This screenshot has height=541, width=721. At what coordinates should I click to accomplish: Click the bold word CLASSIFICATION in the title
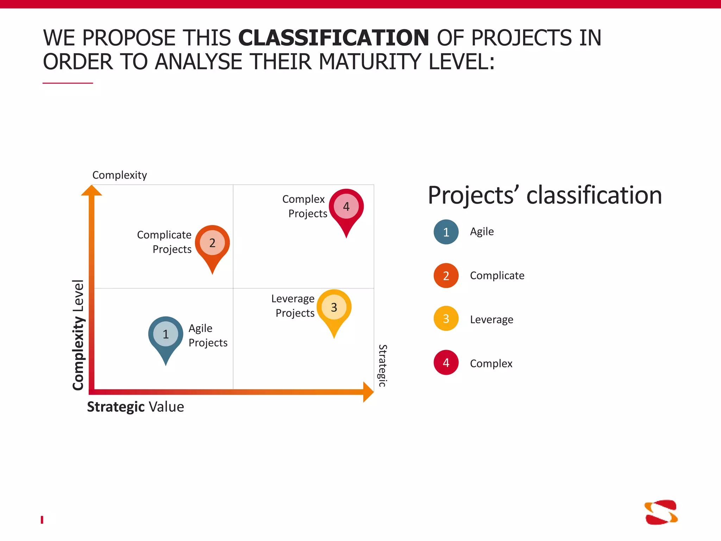pyautogui.click(x=333, y=38)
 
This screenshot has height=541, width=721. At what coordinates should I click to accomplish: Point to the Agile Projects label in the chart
pyautogui.click(x=208, y=335)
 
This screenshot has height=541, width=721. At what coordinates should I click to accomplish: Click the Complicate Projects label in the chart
pyautogui.click(x=164, y=242)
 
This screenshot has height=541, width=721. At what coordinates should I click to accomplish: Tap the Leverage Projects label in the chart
pyautogui.click(x=293, y=306)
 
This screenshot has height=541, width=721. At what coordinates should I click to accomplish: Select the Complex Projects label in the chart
pyautogui.click(x=305, y=206)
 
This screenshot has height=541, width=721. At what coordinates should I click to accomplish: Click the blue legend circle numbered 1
pyautogui.click(x=446, y=232)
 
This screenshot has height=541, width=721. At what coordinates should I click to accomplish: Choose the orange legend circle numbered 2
pyautogui.click(x=446, y=275)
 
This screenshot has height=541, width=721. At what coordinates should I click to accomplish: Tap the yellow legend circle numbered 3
pyautogui.click(x=446, y=319)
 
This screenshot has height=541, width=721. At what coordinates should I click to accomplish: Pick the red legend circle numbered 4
pyautogui.click(x=446, y=362)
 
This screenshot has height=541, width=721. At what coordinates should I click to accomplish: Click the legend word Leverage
pyautogui.click(x=491, y=319)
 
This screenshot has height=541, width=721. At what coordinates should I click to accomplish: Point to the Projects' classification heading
pyautogui.click(x=545, y=195)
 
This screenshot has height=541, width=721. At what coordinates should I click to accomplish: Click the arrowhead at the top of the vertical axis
pyautogui.click(x=92, y=191)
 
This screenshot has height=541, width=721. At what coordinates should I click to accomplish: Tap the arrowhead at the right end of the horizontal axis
pyautogui.click(x=368, y=392)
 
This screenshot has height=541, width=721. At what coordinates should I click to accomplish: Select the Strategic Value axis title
pyautogui.click(x=136, y=407)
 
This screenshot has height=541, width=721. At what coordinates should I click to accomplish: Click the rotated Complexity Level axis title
pyautogui.click(x=78, y=335)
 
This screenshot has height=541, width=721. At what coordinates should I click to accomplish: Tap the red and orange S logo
pyautogui.click(x=661, y=512)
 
